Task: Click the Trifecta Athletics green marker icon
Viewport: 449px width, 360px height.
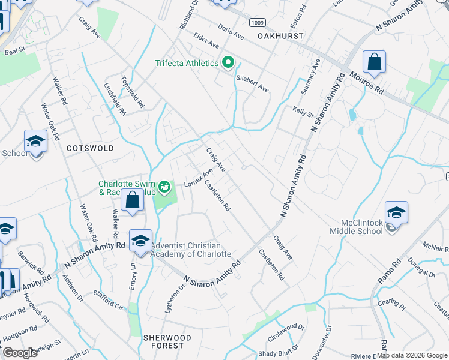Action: (228, 62)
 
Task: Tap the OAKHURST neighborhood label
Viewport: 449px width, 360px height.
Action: (281, 36)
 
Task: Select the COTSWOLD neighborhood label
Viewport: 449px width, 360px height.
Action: (90, 148)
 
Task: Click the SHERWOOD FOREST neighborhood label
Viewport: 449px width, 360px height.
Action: (167, 341)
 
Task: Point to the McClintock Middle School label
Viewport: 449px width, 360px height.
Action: (356, 226)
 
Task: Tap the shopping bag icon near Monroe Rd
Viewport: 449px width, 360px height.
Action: (374, 62)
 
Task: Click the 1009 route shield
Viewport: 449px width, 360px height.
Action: (258, 23)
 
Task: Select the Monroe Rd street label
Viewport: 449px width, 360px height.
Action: (367, 83)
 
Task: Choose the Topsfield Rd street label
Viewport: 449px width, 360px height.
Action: (133, 92)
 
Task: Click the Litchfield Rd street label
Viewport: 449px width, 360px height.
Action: (115, 99)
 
